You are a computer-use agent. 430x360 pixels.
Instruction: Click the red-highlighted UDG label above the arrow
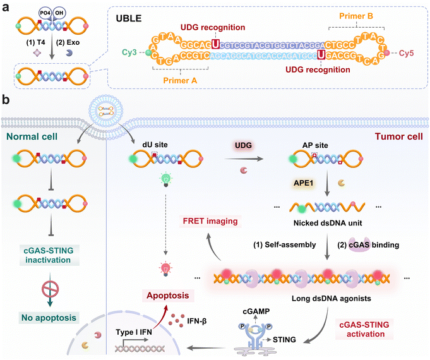coord(239,145)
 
